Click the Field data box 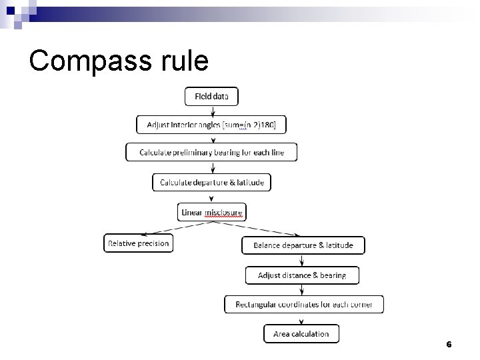(211, 97)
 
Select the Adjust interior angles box (211, 125)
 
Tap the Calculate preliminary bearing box (211, 153)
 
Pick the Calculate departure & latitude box (211, 182)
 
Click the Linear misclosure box (212, 213)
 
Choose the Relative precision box (139, 243)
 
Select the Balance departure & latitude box (303, 245)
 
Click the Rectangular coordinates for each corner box (303, 305)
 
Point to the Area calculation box (301, 333)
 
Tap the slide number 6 (449, 345)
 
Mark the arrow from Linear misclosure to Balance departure (257, 228)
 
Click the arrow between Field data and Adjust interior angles (211, 111)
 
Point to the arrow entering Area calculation (301, 319)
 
